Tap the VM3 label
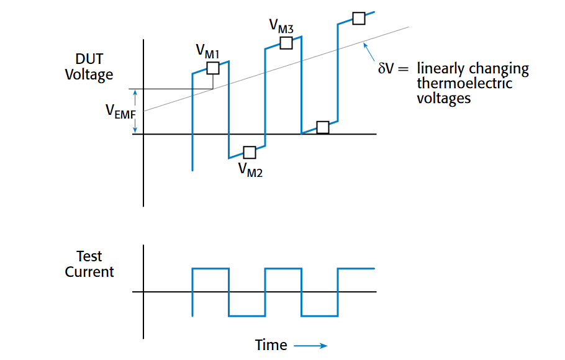[x=281, y=26]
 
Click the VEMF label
[x=120, y=112]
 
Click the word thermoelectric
[x=464, y=83]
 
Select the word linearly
[x=440, y=69]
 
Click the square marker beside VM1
[x=213, y=68]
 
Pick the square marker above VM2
[x=250, y=152]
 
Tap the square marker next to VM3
[x=286, y=43]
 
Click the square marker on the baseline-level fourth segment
[x=323, y=127]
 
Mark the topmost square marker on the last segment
[x=359, y=18]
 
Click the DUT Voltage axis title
[x=89, y=66]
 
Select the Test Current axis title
[x=89, y=264]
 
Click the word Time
[x=271, y=345]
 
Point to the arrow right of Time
[x=310, y=345]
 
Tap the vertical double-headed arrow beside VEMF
[x=133, y=111]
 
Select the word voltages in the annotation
[x=443, y=98]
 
